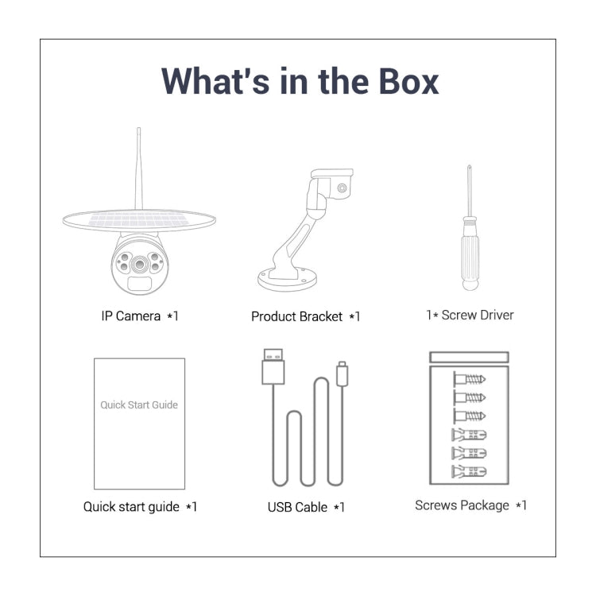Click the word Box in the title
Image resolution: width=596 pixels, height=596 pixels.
pos(408,81)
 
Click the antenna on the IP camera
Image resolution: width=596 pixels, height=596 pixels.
pos(139,168)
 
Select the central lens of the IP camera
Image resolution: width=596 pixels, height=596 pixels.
pos(140,264)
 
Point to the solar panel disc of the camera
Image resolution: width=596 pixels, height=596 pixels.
pos(139,220)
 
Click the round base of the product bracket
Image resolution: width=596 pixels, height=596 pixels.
pos(287,280)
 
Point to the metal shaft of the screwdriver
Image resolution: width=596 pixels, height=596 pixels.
pos(470,190)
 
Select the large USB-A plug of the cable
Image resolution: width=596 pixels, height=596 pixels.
pos(273,366)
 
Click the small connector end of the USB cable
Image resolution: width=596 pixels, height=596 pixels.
pos(342,374)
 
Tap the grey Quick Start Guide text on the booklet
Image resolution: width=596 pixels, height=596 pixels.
pos(139,404)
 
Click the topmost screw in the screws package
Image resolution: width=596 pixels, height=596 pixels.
pos(470,379)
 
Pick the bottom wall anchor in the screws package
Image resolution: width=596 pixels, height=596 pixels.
pos(469,472)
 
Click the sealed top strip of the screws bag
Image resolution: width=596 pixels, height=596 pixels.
pos(469,358)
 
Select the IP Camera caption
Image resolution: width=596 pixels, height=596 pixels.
pos(140,315)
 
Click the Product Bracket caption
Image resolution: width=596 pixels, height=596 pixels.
pos(306,316)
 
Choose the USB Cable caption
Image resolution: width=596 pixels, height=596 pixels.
pos(306,507)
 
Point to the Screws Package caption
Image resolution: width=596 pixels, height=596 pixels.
pos(470,505)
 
